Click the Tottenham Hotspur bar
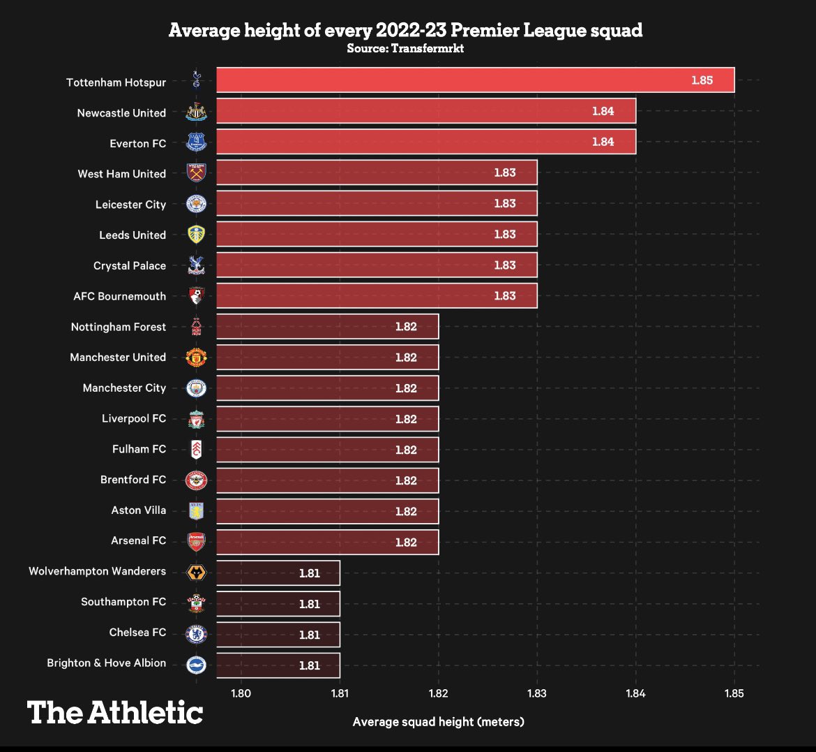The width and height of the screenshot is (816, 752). (474, 80)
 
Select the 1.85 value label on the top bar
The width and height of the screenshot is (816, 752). (702, 80)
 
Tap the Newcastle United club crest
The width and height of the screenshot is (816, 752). (197, 112)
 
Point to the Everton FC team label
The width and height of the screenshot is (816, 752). (137, 143)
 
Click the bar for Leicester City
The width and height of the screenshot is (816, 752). (377, 204)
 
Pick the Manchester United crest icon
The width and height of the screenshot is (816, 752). (197, 357)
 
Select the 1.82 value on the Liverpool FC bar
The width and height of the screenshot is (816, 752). (406, 419)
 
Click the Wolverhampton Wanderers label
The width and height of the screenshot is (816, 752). (97, 571)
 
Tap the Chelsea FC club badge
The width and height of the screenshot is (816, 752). (197, 633)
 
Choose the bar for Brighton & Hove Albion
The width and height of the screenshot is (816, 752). (278, 665)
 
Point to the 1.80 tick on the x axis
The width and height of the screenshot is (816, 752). (241, 693)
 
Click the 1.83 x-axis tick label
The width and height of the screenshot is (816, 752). (537, 693)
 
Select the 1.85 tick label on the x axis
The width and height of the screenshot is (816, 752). (734, 693)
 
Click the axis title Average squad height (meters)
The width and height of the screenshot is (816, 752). (438, 721)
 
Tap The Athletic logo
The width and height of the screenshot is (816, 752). (115, 713)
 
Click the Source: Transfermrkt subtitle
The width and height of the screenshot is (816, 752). (405, 49)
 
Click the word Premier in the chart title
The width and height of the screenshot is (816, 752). (474, 31)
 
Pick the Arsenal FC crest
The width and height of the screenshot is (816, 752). (197, 541)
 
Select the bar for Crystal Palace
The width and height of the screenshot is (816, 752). (377, 265)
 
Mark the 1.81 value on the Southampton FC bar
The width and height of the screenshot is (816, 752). (309, 604)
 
